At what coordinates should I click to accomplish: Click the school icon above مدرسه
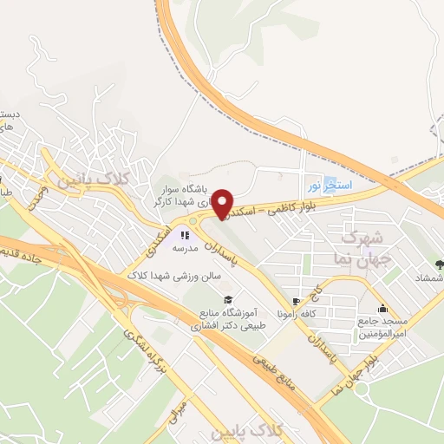coord(184,234)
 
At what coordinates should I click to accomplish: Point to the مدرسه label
coord(186,247)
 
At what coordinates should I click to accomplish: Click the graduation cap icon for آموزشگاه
coord(228,298)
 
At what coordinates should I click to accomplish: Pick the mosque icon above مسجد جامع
coord(382,308)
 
